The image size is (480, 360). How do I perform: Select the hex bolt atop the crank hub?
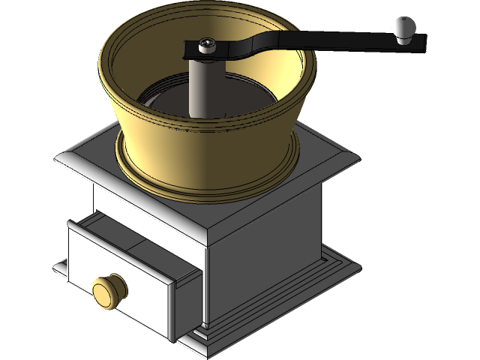click(207, 46)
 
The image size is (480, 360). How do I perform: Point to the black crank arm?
click(300, 42)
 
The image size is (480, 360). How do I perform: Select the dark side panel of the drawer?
click(185, 300)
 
